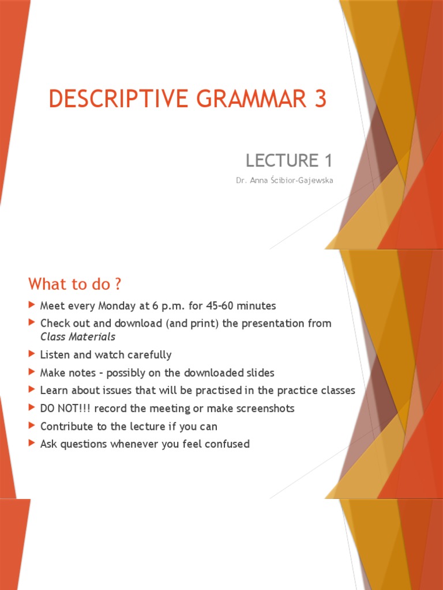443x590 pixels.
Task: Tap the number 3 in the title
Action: coord(320,99)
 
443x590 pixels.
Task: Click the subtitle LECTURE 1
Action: coord(289,160)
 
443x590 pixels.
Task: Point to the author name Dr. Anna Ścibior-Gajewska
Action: coord(284,180)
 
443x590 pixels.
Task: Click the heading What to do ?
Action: coord(76,284)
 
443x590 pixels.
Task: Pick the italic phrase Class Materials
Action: coord(78,336)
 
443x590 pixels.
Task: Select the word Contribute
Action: coord(63,426)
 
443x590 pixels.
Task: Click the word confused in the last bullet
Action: coord(226,444)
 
